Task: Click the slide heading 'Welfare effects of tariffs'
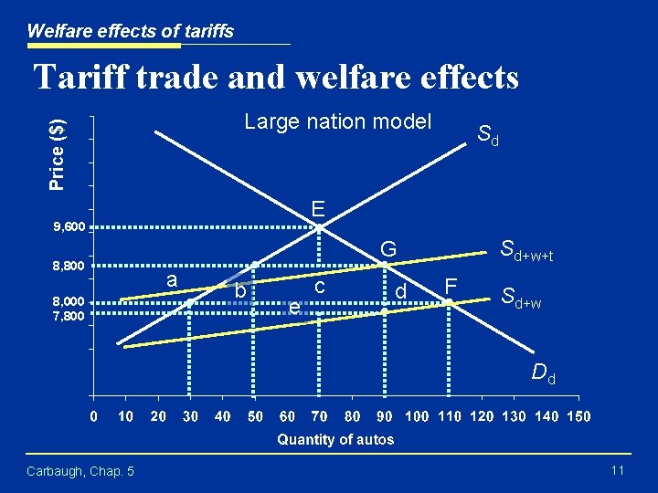point(130,31)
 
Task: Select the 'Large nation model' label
point(337,121)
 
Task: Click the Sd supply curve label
point(488,135)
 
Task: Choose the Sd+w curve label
point(521,297)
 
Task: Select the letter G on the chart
point(388,248)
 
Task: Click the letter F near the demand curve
point(451,287)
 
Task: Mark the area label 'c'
point(320,286)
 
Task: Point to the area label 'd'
point(400,292)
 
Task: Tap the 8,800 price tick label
point(69,267)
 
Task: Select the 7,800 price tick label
point(69,316)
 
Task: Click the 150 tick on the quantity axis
point(578,416)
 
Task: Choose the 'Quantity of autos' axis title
point(335,439)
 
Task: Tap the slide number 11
point(617,470)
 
